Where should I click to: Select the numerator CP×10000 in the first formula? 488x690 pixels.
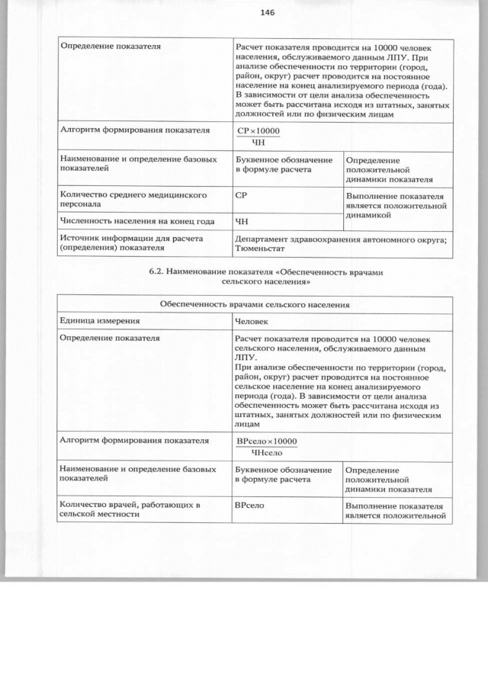[258, 132]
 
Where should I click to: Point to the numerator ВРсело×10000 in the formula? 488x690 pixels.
[267, 441]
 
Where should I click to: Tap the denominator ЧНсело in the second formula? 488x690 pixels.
[266, 454]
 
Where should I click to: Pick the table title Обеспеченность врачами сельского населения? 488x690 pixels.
[255, 305]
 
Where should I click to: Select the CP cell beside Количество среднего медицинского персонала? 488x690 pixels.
[242, 196]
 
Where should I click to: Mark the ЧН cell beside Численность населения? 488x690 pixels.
[242, 222]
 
